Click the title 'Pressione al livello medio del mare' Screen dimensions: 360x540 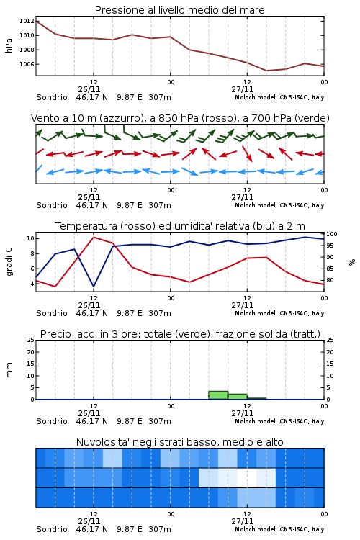tap(179, 10)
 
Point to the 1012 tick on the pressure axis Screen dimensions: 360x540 tap(27, 21)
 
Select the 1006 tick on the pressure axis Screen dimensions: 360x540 tap(27, 64)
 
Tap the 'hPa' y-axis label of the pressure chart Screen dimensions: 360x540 tap(9, 45)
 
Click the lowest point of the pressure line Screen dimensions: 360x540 tap(266, 71)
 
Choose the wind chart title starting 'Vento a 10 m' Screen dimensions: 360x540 tap(180, 118)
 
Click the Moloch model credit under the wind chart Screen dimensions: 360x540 tap(279, 205)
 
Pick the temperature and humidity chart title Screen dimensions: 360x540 tap(180, 226)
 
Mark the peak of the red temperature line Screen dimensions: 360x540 tap(94, 237)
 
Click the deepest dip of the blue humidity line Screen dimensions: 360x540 tap(94, 286)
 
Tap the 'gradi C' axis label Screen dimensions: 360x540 tap(9, 261)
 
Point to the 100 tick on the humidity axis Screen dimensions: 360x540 tap(332, 234)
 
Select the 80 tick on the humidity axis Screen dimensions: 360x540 tap(330, 280)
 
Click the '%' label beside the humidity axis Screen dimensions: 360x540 tap(352, 262)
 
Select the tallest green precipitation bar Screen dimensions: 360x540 tap(218, 395)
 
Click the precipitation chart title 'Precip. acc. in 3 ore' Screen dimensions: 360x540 tap(180, 334)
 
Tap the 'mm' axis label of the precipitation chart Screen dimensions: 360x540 tap(9, 369)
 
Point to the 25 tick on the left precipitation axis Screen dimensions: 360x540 tap(31, 340)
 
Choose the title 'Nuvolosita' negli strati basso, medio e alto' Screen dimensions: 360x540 tap(179, 442)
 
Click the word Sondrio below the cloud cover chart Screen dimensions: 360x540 tap(52, 529)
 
